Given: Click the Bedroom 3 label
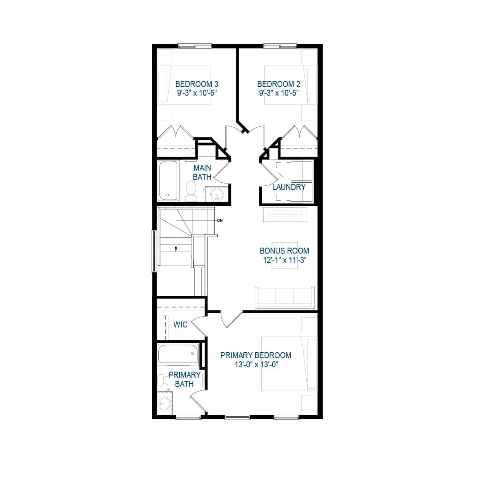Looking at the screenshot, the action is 197,84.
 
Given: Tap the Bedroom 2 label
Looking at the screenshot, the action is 279,84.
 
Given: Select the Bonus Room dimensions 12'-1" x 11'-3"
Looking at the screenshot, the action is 285,260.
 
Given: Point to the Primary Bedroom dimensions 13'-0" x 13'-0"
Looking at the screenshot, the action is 257,364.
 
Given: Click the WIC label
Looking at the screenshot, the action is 180,325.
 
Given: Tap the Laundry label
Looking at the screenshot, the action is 289,187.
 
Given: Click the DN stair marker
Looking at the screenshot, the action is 220,221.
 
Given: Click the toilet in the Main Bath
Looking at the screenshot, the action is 191,191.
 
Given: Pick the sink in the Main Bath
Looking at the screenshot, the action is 217,195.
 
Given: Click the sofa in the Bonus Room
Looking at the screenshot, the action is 285,298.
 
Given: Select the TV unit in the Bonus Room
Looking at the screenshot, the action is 285,214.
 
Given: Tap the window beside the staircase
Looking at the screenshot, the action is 154,251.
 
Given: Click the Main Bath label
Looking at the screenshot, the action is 202,172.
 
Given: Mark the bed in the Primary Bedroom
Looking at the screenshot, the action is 289,364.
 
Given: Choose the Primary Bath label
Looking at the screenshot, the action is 184,379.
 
